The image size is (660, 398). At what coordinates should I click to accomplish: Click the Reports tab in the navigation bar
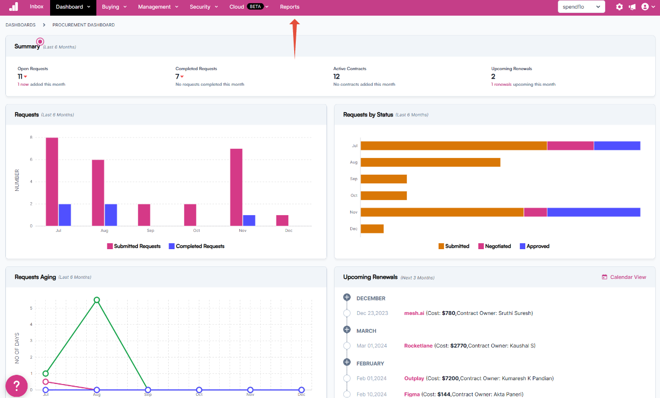[289, 7]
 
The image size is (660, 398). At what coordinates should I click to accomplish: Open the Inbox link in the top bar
[37, 6]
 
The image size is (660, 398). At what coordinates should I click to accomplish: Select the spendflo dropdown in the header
[581, 7]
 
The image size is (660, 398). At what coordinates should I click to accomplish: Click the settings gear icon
[619, 7]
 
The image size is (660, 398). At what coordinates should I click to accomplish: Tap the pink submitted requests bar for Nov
[236, 187]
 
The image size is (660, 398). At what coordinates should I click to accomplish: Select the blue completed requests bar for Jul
[65, 215]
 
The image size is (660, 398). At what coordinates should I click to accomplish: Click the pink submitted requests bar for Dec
[282, 221]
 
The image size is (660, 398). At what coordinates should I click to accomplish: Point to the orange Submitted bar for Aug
[430, 162]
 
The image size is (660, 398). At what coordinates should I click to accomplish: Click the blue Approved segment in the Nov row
[594, 212]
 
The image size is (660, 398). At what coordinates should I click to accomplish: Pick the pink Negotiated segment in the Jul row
[571, 146]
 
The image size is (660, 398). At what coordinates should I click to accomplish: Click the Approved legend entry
[534, 246]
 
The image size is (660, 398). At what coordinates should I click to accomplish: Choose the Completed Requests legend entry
[197, 246]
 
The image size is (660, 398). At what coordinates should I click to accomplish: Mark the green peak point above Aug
[96, 300]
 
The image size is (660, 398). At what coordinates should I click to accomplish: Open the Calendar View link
[624, 277]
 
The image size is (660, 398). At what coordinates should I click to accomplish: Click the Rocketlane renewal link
[419, 346]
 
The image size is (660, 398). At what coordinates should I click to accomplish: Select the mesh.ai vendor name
[414, 313]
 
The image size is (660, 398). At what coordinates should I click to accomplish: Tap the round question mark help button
[17, 386]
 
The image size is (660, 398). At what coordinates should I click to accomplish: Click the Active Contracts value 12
[337, 77]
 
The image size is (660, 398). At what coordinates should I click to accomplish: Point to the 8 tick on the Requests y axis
[31, 137]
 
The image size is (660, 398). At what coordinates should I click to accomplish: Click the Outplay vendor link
[414, 378]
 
